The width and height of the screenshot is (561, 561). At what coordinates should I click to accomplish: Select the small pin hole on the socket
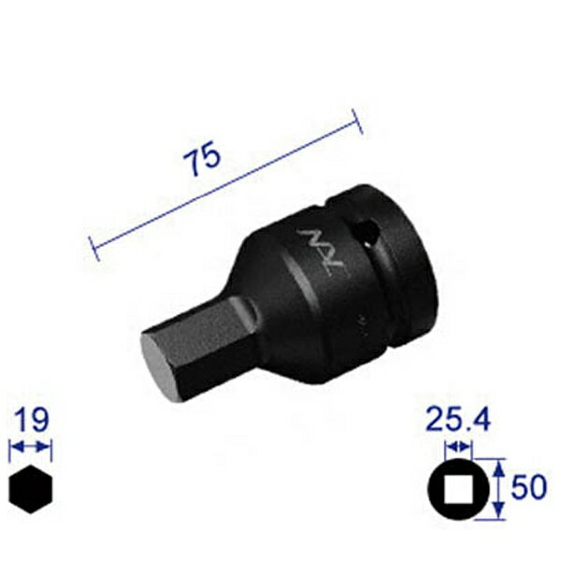366,231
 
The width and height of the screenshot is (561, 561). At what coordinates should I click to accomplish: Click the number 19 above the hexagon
31,417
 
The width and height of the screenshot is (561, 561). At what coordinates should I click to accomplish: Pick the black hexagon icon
31,487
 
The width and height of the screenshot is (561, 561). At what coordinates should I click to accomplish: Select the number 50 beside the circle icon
530,487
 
